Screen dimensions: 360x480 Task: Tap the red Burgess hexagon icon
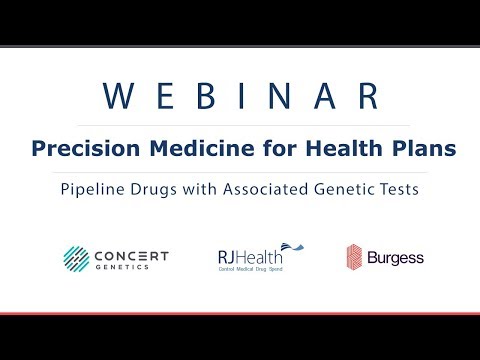[355, 257]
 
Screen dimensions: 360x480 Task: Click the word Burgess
[397, 258]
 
